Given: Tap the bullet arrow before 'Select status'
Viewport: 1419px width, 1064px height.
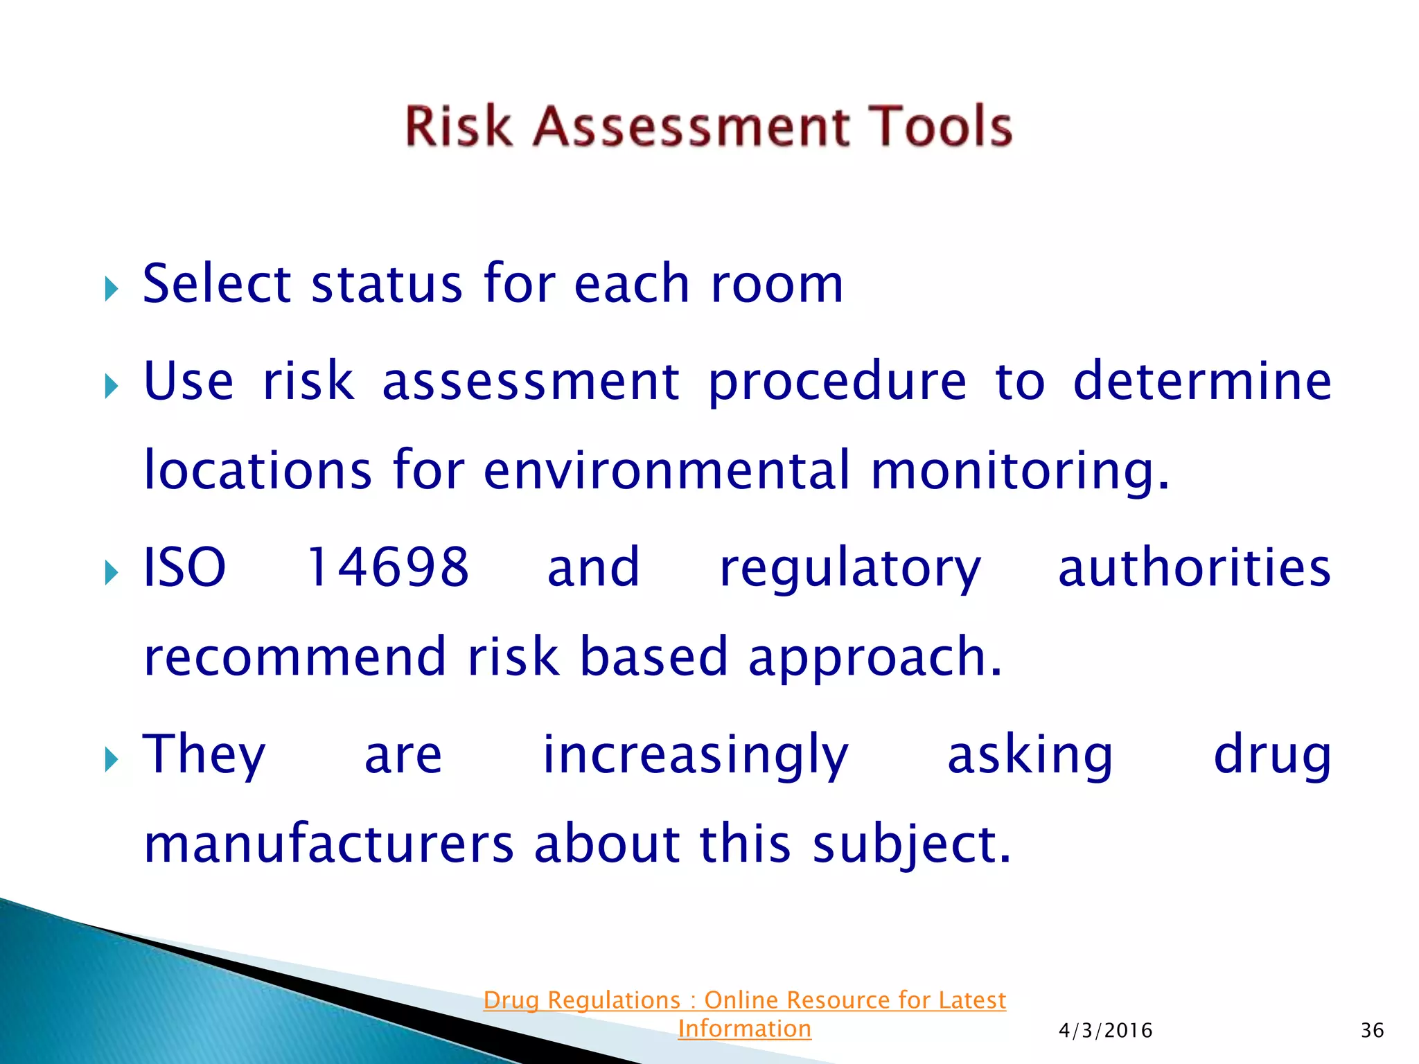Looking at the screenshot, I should click(x=112, y=288).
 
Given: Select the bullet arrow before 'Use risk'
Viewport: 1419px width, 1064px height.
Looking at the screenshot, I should click(x=112, y=386).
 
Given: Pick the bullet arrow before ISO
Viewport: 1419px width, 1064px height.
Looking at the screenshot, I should click(x=112, y=572).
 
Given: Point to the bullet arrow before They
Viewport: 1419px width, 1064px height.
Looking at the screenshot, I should click(x=112, y=759).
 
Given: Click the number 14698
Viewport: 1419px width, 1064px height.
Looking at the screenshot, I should click(x=387, y=567).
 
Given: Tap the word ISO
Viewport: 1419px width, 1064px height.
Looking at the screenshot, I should click(x=184, y=567).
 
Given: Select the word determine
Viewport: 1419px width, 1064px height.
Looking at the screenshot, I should click(x=1201, y=382).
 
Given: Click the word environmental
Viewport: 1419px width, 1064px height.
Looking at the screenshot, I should click(x=666, y=471).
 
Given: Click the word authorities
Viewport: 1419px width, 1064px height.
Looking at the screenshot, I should click(x=1194, y=567).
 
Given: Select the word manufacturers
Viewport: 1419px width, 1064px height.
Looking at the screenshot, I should click(x=328, y=844).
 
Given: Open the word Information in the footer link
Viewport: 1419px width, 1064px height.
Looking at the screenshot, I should click(x=744, y=1029).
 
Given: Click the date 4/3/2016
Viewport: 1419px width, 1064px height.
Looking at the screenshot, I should click(x=1105, y=1031).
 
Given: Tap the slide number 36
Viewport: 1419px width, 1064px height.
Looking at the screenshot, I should click(x=1372, y=1031).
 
